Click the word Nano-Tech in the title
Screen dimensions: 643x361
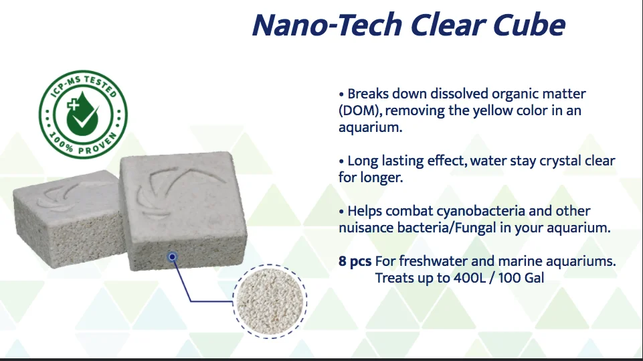327,25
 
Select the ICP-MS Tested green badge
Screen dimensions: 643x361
83,114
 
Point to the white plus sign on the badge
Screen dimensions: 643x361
73,104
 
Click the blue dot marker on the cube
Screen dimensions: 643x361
172,257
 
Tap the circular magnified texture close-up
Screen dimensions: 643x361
270,301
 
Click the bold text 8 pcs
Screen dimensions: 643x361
355,262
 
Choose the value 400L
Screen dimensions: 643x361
470,278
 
